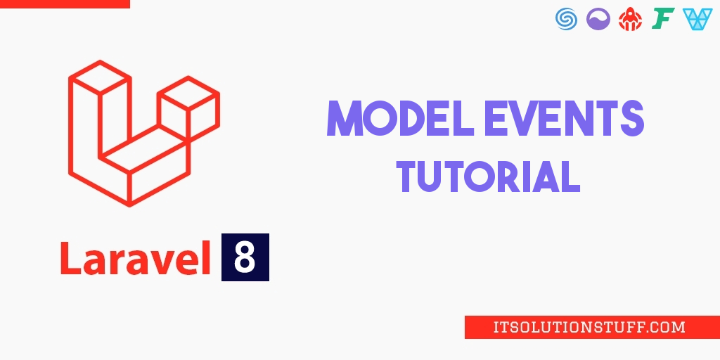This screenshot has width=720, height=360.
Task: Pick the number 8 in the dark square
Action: coord(245,257)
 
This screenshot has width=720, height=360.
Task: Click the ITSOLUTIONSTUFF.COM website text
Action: coord(590,328)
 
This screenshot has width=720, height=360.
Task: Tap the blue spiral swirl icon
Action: coord(566,19)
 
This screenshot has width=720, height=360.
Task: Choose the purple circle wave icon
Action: coord(598,19)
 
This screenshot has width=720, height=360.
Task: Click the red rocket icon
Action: coord(630,19)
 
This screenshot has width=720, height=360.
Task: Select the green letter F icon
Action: coord(663,19)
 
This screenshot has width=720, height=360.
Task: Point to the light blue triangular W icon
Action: coord(697,19)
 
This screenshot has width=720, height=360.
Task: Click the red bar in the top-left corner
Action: coord(65,4)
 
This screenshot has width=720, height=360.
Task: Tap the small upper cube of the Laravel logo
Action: coord(188,93)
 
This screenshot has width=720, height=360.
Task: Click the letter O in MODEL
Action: coord(379,118)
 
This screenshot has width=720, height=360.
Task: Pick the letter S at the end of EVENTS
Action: coord(631,118)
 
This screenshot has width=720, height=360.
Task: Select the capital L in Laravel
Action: coord(71,257)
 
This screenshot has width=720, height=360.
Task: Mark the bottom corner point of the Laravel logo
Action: coord(129,205)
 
